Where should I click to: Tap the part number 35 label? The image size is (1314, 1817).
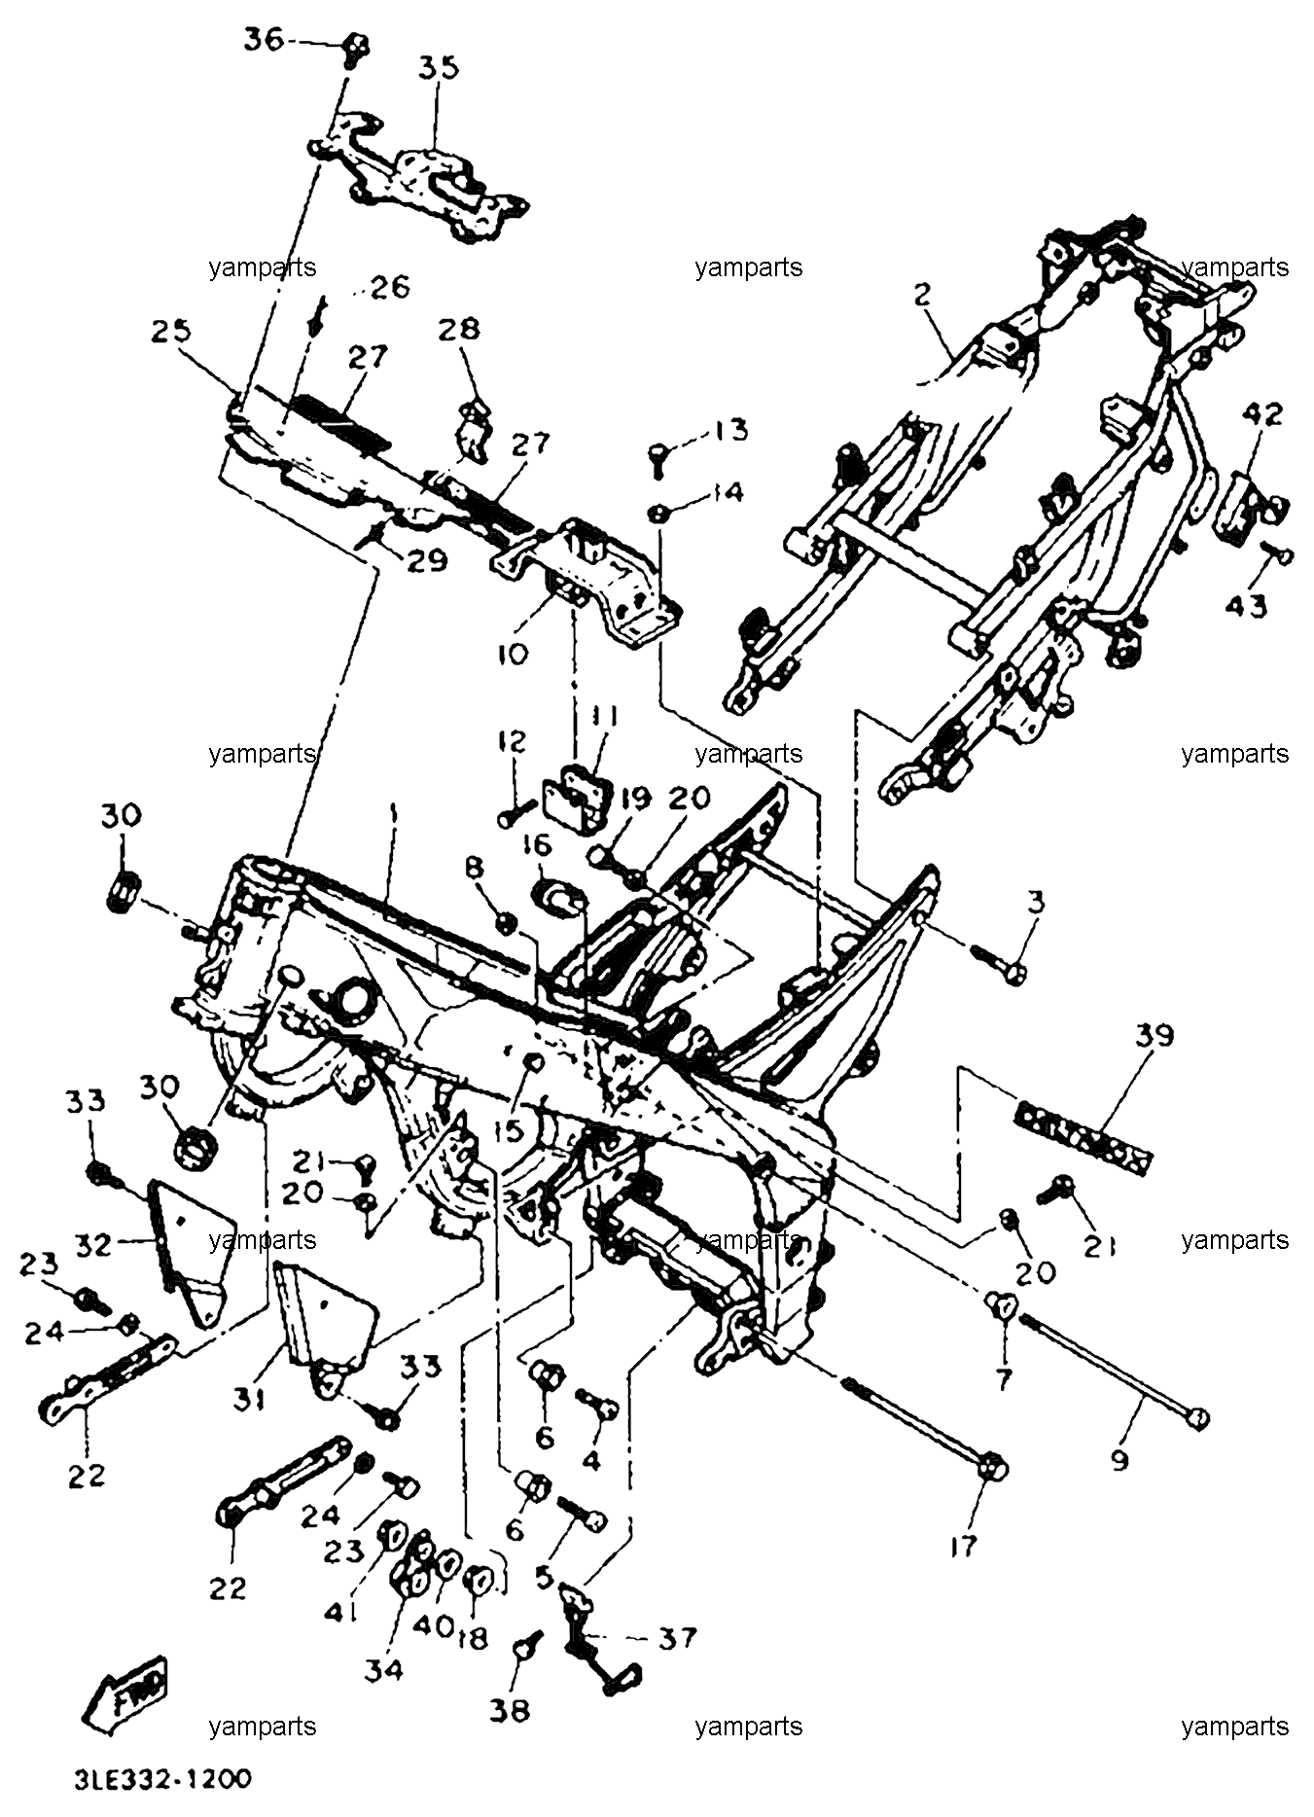[440, 68]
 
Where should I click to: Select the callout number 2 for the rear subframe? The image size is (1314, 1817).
[922, 295]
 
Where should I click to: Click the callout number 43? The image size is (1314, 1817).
[1246, 606]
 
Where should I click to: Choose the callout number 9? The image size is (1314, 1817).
[1119, 1459]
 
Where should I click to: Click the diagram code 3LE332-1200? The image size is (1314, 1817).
[163, 1779]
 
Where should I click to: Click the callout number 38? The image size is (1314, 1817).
[511, 1709]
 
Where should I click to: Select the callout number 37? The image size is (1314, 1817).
[677, 1638]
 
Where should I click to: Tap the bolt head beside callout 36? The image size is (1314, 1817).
[357, 45]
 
